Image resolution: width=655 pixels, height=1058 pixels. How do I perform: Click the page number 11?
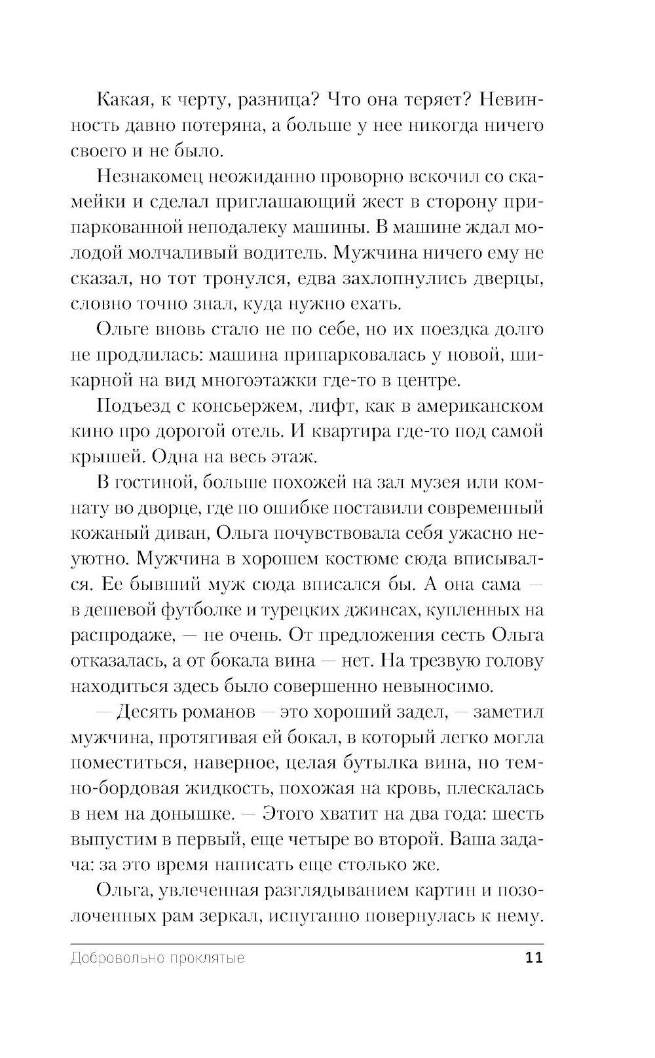(534, 958)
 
